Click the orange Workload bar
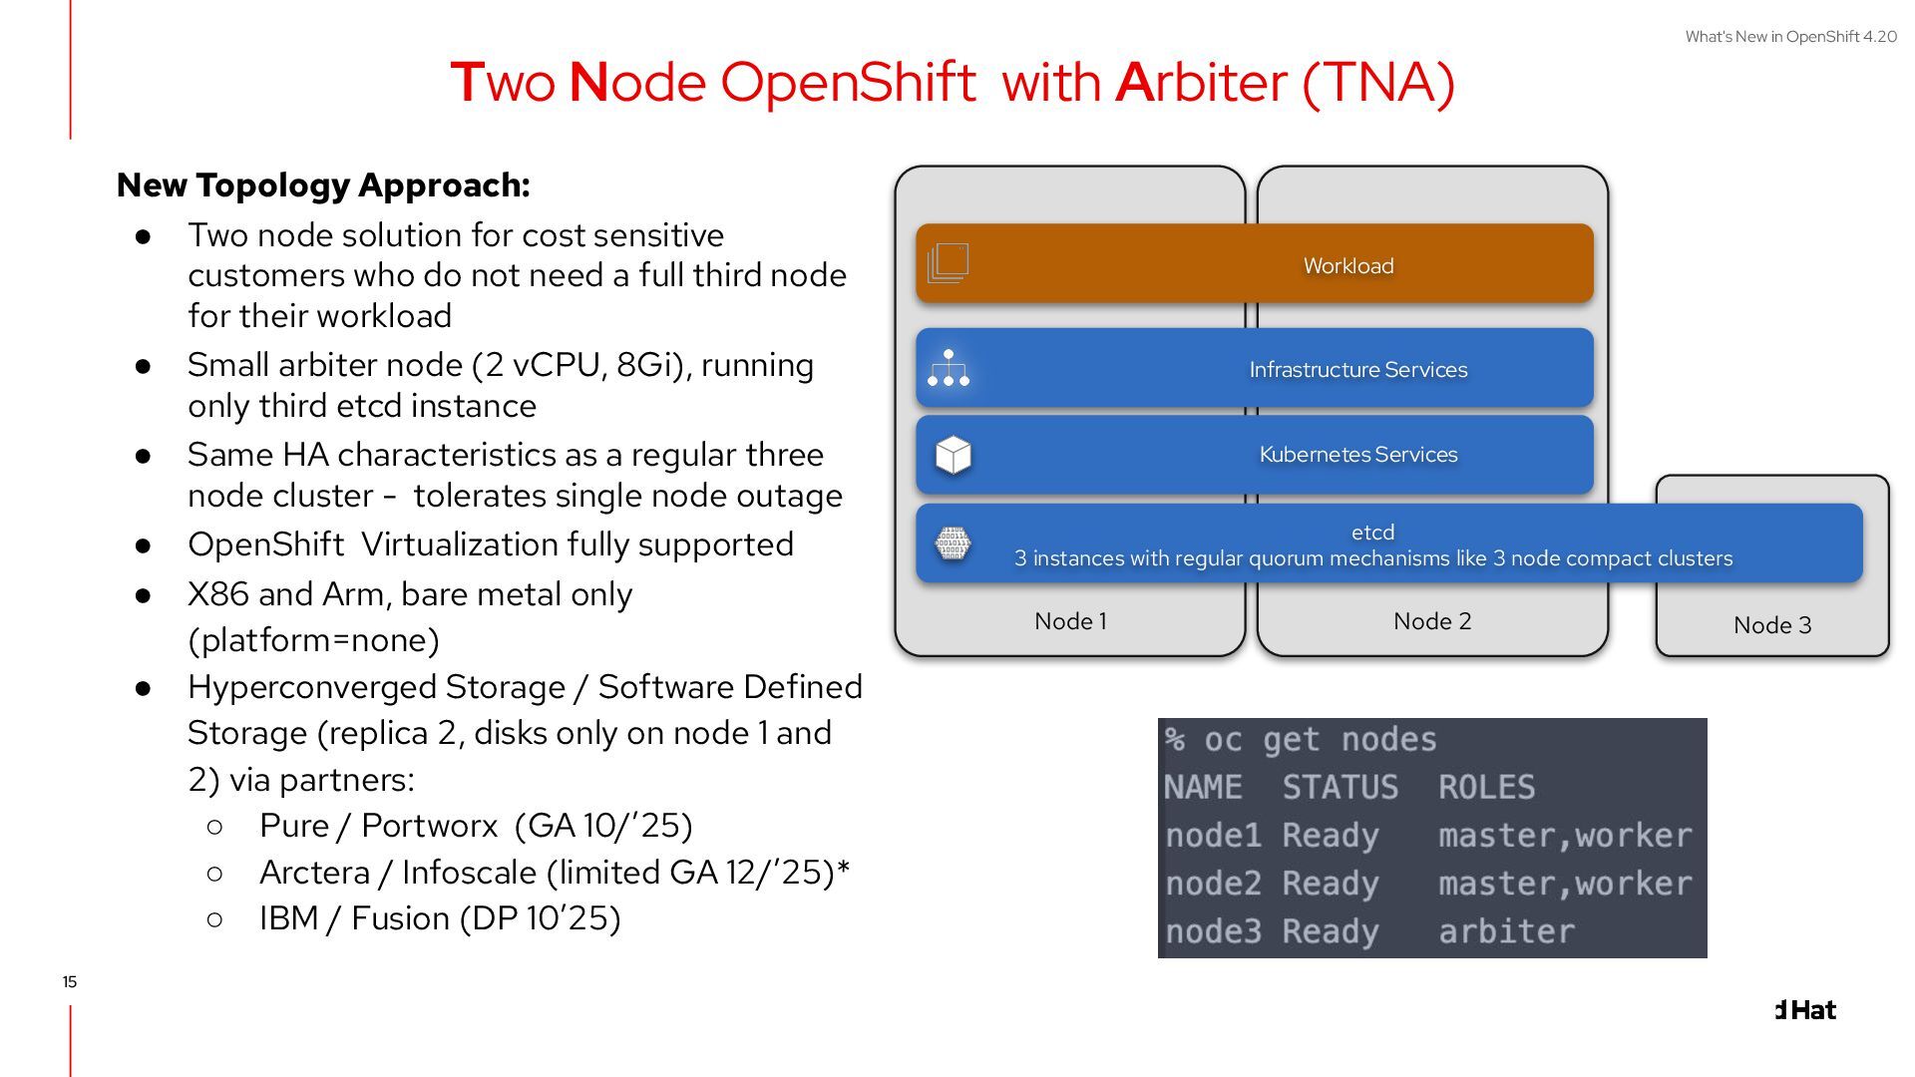[x=1254, y=264]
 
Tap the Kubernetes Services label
[x=1357, y=455]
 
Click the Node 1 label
[x=1070, y=621]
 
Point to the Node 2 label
[x=1431, y=621]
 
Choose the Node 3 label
[x=1771, y=625]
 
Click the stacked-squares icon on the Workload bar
[x=948, y=263]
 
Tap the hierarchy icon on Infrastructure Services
[x=948, y=368]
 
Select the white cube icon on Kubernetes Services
[x=953, y=455]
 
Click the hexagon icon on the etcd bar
[x=953, y=543]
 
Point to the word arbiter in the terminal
[x=1506, y=931]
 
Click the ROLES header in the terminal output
[x=1486, y=788]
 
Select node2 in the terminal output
[x=1213, y=884]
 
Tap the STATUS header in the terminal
[x=1340, y=788]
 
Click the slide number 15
[x=69, y=982]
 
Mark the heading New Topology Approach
[x=323, y=185]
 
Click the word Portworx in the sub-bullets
[x=429, y=826]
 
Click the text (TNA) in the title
[x=1378, y=82]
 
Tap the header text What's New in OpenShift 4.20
[x=1790, y=37]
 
